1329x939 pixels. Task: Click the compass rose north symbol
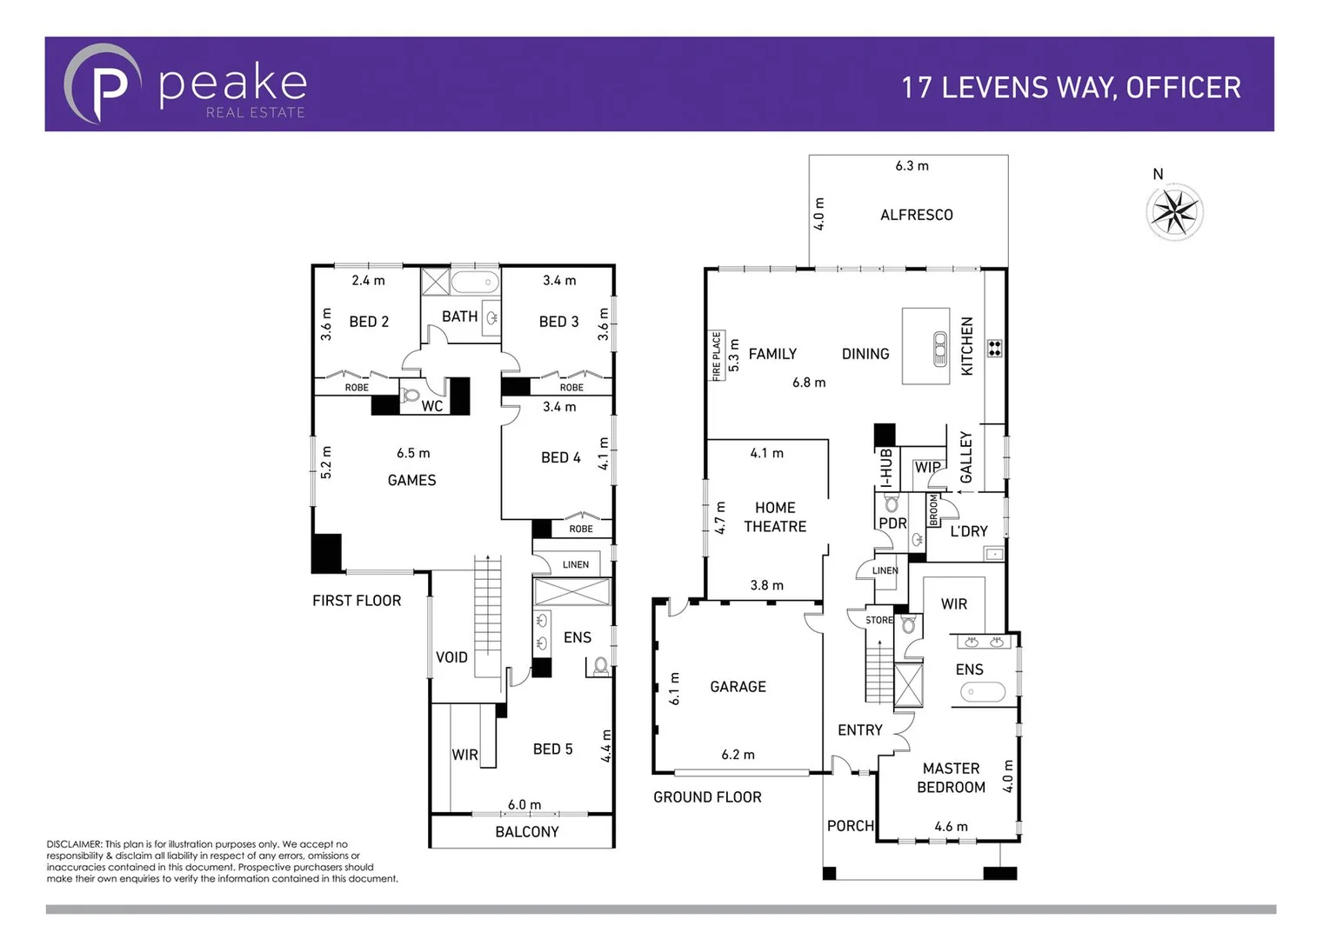pos(1174,211)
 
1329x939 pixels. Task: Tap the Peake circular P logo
pos(103,84)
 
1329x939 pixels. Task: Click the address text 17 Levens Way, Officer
pos(1071,88)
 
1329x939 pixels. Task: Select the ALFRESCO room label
pos(916,215)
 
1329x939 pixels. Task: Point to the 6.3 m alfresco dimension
pos(912,166)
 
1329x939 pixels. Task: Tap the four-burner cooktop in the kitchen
pos(994,348)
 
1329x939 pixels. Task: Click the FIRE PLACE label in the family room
pos(717,356)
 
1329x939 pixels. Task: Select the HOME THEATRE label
pos(774,517)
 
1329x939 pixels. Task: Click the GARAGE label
pos(738,687)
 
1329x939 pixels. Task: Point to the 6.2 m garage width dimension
pos(738,755)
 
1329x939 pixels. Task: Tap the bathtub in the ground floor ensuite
pos(982,692)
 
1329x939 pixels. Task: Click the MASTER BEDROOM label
pos(951,778)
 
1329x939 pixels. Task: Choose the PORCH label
pos(850,826)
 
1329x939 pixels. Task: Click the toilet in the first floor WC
pos(411,396)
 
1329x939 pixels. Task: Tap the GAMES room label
pos(411,480)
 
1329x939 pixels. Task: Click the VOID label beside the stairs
pos(451,657)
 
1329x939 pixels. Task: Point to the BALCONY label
pos(526,832)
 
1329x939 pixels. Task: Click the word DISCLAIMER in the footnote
pos(74,844)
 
